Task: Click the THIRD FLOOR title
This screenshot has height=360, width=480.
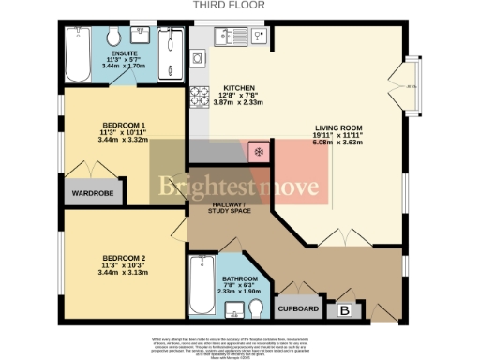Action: click(x=229, y=5)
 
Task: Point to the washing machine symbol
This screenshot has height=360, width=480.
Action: click(x=198, y=58)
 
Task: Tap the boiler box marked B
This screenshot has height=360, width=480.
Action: click(x=344, y=309)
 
